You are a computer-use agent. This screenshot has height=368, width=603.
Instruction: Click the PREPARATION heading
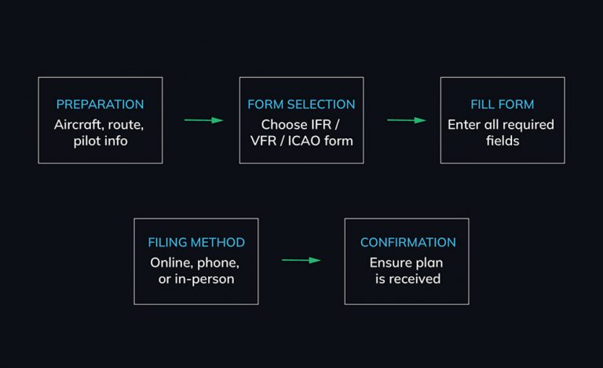100,104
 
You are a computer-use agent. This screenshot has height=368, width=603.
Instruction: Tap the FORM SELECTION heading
301,104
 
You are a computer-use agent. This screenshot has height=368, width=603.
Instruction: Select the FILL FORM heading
502,104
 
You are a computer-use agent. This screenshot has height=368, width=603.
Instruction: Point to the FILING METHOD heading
196,242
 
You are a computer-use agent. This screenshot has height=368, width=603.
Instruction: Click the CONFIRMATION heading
407,242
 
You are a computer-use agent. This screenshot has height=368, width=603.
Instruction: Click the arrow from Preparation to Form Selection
203,120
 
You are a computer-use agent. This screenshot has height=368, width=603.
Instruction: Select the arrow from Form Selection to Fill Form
406,120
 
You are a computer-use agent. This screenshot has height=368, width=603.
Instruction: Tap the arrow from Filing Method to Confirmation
301,260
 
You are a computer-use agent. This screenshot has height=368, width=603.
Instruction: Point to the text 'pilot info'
100,142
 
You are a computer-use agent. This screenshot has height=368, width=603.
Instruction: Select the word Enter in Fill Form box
464,124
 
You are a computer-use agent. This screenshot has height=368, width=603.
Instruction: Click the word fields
502,142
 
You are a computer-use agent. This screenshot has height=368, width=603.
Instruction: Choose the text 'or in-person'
196,279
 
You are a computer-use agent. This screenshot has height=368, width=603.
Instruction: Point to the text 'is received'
407,279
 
